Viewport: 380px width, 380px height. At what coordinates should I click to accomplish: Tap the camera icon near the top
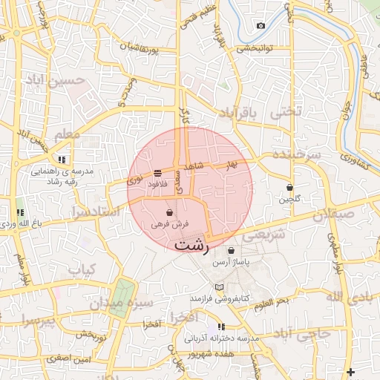pyautogui.click(x=261, y=26)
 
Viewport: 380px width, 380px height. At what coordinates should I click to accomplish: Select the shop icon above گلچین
pyautogui.click(x=289, y=188)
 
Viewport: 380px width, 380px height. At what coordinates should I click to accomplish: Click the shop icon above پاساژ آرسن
pyautogui.click(x=232, y=251)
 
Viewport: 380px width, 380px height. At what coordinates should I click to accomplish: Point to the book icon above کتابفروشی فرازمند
pyautogui.click(x=218, y=287)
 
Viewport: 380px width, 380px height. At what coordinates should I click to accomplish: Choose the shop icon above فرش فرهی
pyautogui.click(x=171, y=212)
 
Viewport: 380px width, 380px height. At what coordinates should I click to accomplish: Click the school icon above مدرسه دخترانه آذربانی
pyautogui.click(x=221, y=327)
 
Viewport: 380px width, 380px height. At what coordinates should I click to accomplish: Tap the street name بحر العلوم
pyautogui.click(x=271, y=302)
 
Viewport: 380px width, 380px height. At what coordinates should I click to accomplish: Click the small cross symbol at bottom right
pyautogui.click(x=350, y=371)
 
